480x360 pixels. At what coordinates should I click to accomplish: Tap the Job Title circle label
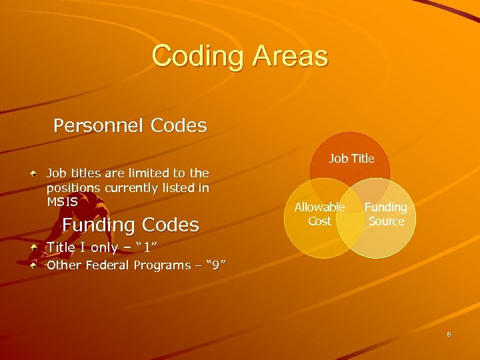click(351, 159)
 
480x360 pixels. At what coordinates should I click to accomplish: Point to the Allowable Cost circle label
click(319, 214)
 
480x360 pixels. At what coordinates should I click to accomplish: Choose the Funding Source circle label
click(386, 214)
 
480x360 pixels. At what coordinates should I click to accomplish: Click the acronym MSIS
click(62, 201)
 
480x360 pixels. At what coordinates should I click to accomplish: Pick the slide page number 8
click(449, 335)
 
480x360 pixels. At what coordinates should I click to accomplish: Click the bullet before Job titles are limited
click(34, 173)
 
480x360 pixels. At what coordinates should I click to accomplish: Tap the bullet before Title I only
click(34, 247)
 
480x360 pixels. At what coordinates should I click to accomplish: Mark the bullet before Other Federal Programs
click(34, 265)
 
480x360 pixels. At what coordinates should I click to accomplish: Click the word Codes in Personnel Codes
click(179, 125)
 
